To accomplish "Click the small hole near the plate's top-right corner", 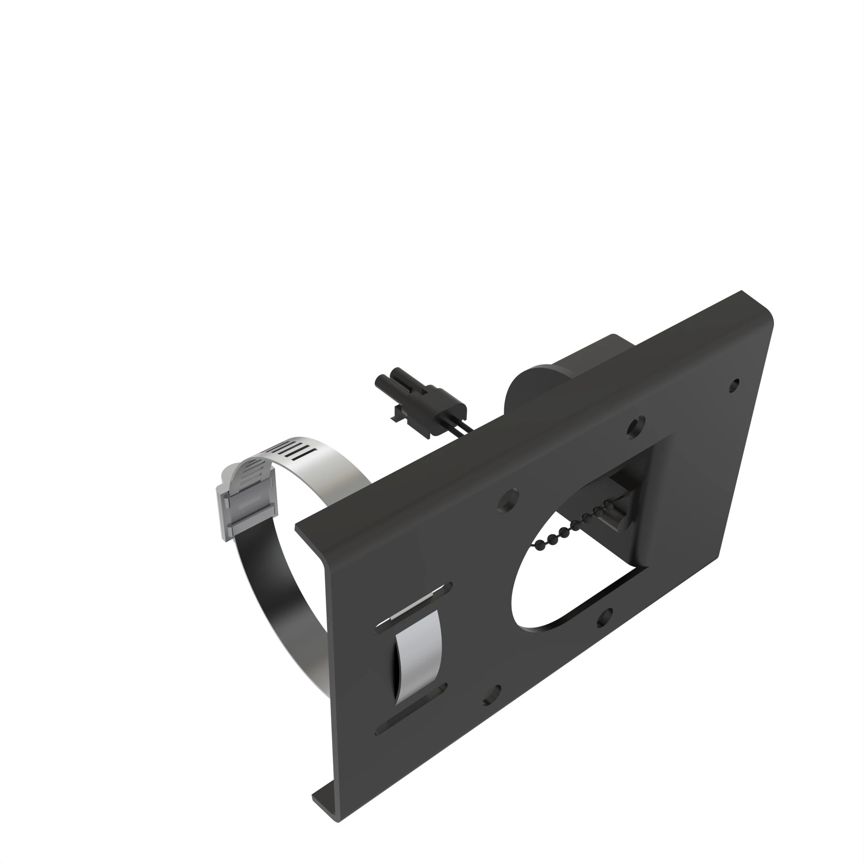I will click(x=734, y=384).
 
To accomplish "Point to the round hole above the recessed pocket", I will click(x=635, y=426).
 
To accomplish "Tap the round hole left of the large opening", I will click(x=508, y=500).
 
